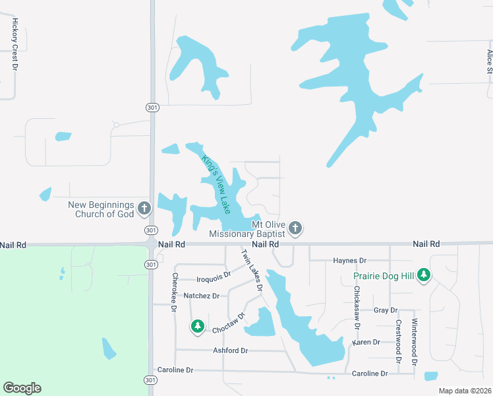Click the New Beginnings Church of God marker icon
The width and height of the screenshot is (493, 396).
pos(144,209)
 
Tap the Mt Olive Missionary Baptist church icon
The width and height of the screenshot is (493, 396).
pos(295,228)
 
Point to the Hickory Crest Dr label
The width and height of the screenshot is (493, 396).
pos(14,44)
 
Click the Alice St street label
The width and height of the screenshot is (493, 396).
pos(490,61)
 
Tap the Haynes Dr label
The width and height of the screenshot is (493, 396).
pos(349,261)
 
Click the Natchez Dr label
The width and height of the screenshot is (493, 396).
pos(201,296)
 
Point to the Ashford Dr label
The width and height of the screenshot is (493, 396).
pos(230,350)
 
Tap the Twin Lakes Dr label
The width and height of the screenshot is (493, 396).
pos(252,271)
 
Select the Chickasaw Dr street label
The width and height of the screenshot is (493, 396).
pos(357,308)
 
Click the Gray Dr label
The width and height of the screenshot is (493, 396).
pos(386,310)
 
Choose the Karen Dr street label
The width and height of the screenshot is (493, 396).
pos(366,343)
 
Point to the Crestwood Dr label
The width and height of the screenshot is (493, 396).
pos(399,341)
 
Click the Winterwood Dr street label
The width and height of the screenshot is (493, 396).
pos(415,342)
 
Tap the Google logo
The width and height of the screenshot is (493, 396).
pos(22,388)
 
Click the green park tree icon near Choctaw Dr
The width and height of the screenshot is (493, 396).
pos(197,326)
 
